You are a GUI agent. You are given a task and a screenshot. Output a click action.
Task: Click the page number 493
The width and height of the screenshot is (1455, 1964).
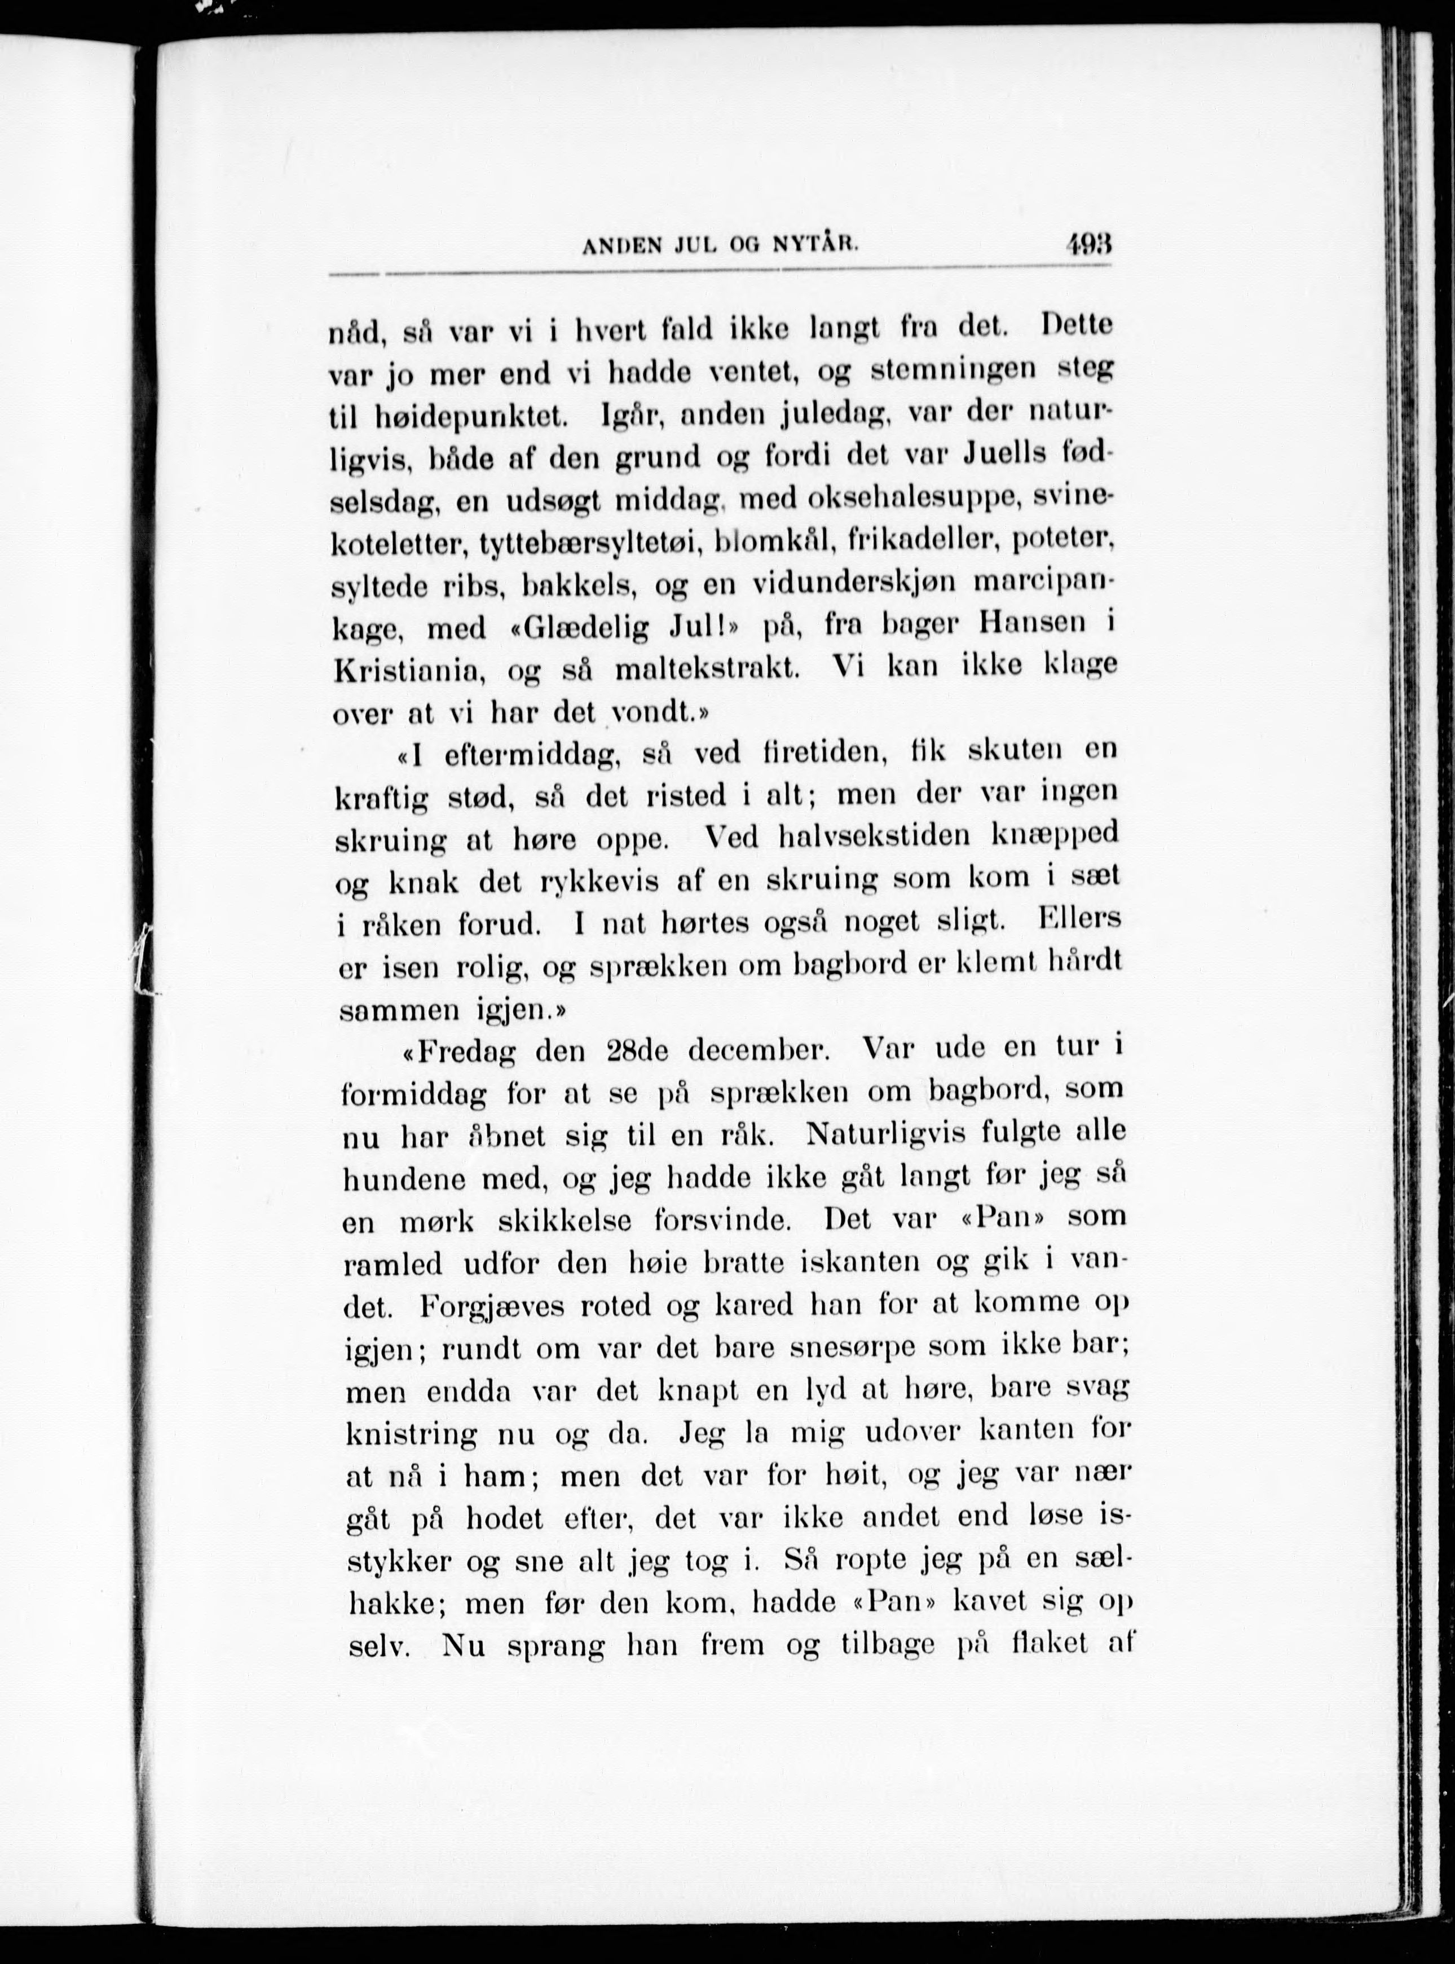coord(1088,243)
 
